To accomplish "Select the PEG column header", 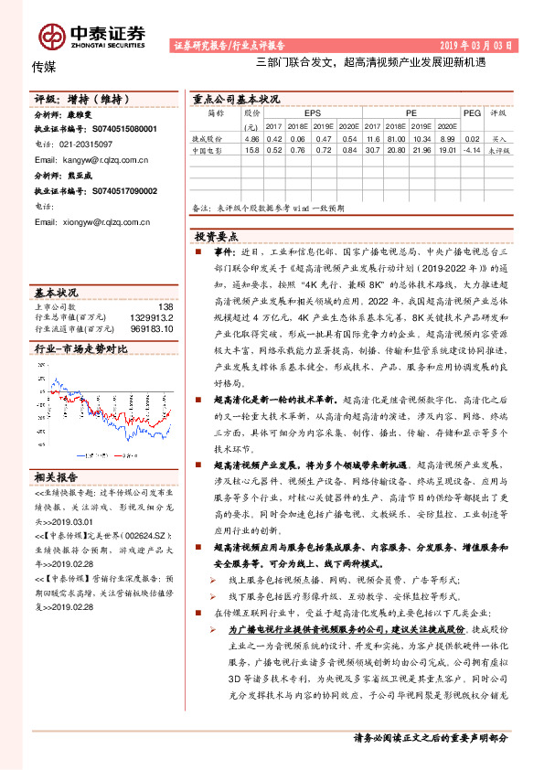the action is tap(472, 113).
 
